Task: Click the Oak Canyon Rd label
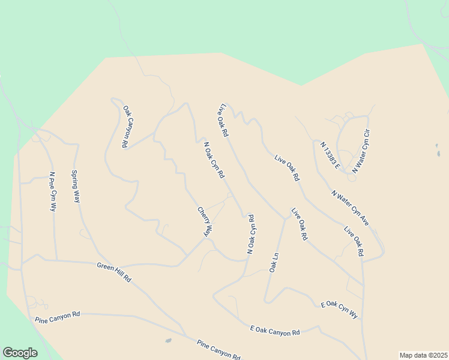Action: pyautogui.click(x=127, y=127)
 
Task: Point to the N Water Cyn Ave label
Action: pyautogui.click(x=350, y=208)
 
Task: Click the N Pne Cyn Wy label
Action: pyautogui.click(x=53, y=191)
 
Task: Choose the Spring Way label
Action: pyautogui.click(x=76, y=187)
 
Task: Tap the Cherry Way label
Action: pyautogui.click(x=205, y=221)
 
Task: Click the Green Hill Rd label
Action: pyautogui.click(x=114, y=272)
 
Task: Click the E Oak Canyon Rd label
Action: pyautogui.click(x=275, y=329)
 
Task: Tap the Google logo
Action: pyautogui.click(x=20, y=353)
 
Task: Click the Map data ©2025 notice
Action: pyautogui.click(x=423, y=355)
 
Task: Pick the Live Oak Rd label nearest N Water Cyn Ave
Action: pyautogui.click(x=354, y=241)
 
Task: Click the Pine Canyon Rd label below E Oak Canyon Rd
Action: pyautogui.click(x=218, y=349)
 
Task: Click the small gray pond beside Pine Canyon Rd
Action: pyautogui.click(x=168, y=341)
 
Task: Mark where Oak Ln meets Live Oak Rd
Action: pyautogui.click(x=285, y=218)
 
